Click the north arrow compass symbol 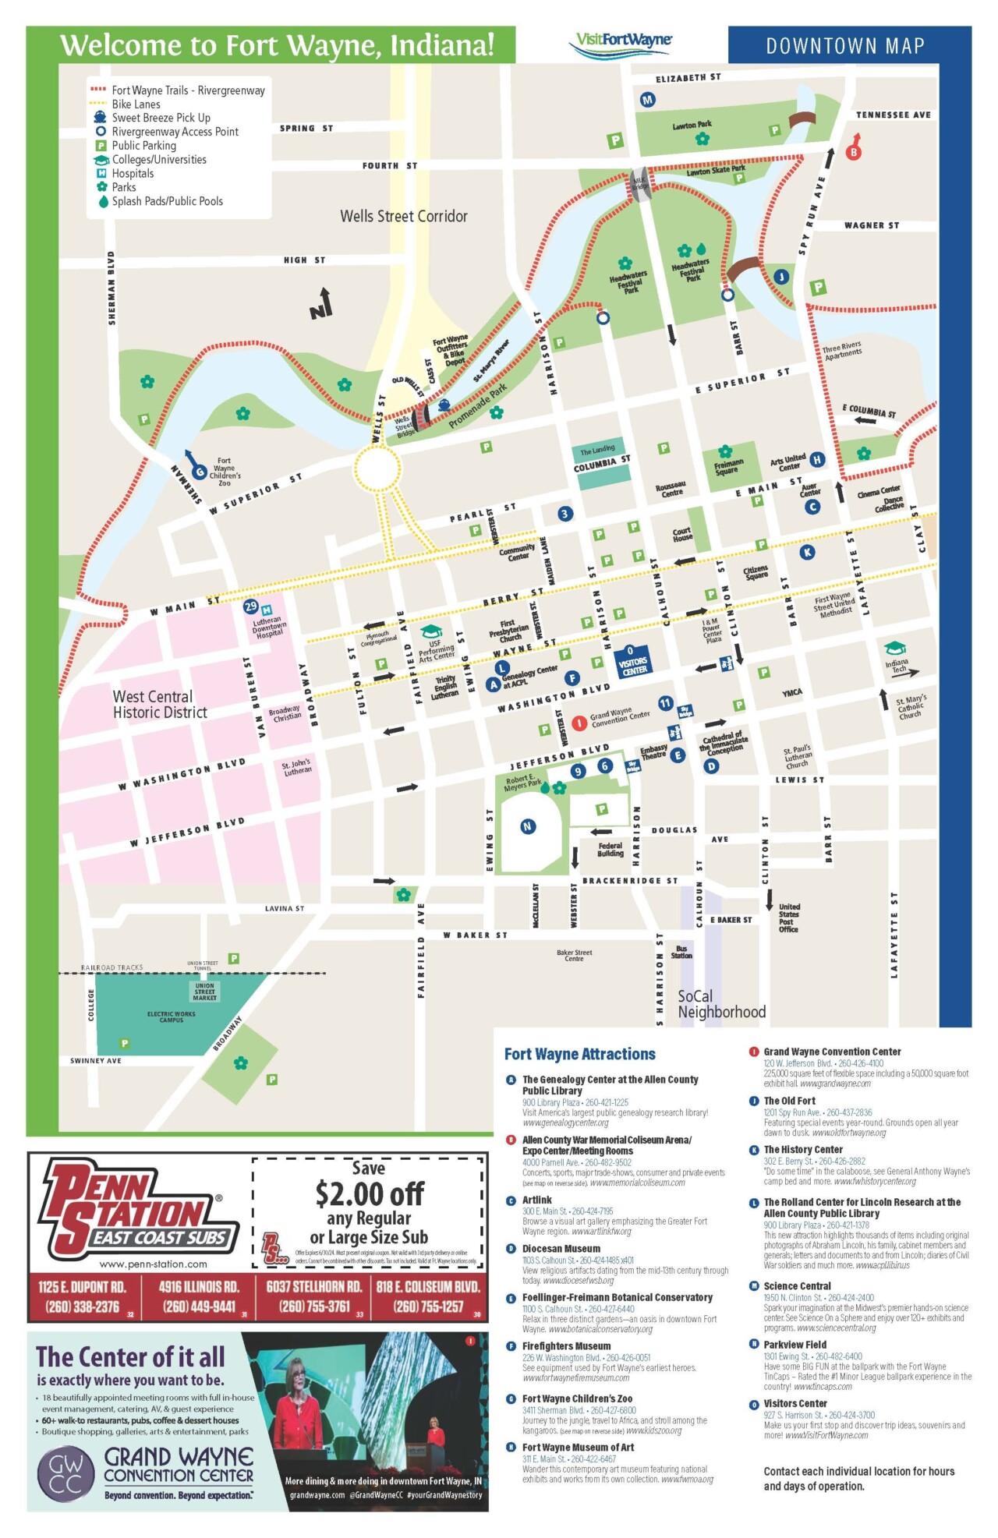pyautogui.click(x=321, y=304)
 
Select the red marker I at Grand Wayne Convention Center pyautogui.click(x=579, y=723)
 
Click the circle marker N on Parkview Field pyautogui.click(x=528, y=826)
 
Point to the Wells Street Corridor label pyautogui.click(x=403, y=216)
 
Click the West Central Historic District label pyautogui.click(x=160, y=704)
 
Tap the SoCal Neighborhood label pyautogui.click(x=721, y=1004)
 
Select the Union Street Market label pyautogui.click(x=204, y=992)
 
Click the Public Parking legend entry pyautogui.click(x=143, y=146)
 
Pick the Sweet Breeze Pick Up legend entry pyautogui.click(x=161, y=118)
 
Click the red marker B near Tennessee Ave pyautogui.click(x=854, y=152)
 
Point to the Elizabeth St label pyautogui.click(x=688, y=78)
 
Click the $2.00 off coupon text pyautogui.click(x=369, y=1193)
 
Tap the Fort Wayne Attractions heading pyautogui.click(x=579, y=1054)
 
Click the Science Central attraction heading pyautogui.click(x=797, y=1286)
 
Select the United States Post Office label pyautogui.click(x=788, y=917)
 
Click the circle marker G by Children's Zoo pyautogui.click(x=200, y=472)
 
